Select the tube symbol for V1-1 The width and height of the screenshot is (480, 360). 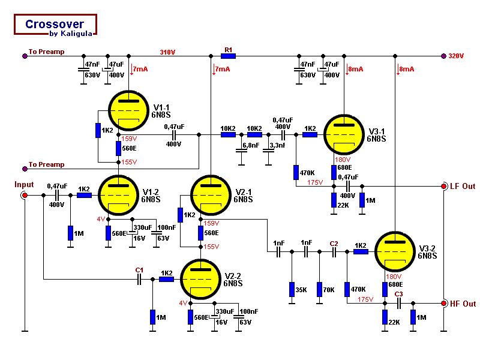tap(128, 111)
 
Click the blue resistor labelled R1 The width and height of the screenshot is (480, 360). tap(228, 56)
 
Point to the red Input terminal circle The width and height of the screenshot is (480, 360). tap(25, 196)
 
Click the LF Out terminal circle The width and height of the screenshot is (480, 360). tap(444, 186)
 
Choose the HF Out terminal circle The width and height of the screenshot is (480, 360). tap(444, 304)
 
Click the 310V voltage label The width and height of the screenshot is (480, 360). tap(167, 52)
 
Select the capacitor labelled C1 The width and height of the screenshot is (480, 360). tap(140, 279)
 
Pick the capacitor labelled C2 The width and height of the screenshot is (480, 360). tap(334, 253)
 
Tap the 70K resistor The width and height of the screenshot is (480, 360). tap(320, 289)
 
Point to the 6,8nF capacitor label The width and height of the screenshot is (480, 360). tap(250, 146)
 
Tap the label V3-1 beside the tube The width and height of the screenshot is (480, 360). tap(377, 131)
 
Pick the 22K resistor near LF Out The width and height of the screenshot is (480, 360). tap(334, 200)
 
